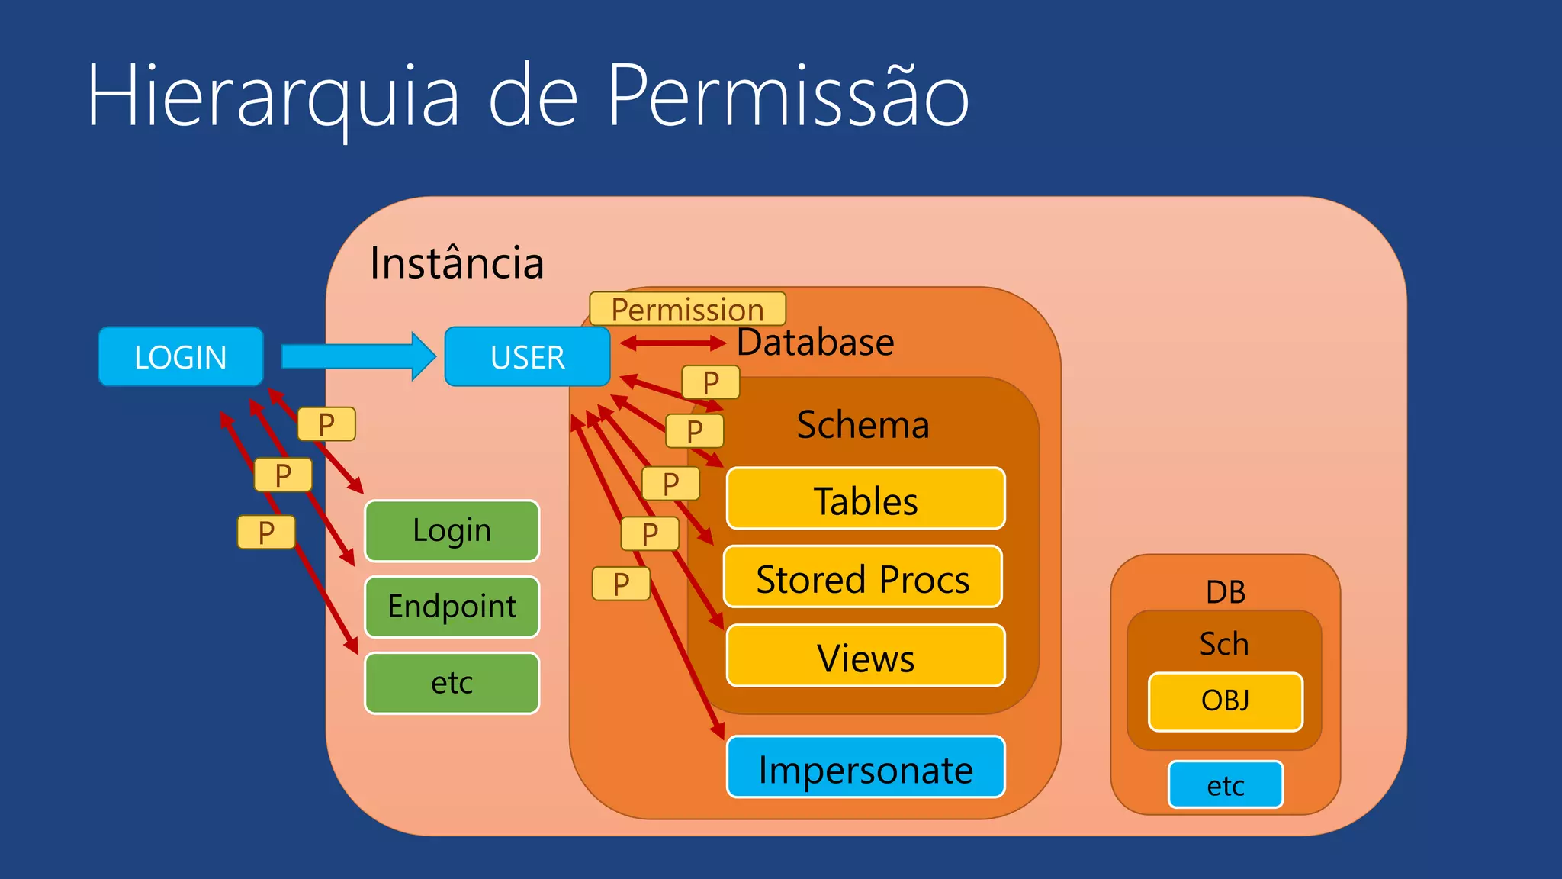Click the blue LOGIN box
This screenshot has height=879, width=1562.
(181, 356)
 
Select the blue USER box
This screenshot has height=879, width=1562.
(527, 356)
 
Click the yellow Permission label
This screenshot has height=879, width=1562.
(687, 309)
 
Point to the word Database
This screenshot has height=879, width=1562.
(815, 342)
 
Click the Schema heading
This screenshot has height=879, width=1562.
(863, 424)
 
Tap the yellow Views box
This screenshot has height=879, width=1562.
(866, 656)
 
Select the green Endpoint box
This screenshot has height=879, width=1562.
(452, 607)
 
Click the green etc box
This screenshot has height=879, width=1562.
(452, 683)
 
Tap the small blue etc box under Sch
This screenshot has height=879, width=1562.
(1225, 784)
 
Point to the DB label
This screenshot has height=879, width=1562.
(1225, 592)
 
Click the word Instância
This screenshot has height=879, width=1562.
(456, 263)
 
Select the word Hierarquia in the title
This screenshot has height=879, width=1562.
(273, 98)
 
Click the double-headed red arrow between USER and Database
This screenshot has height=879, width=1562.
(672, 343)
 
